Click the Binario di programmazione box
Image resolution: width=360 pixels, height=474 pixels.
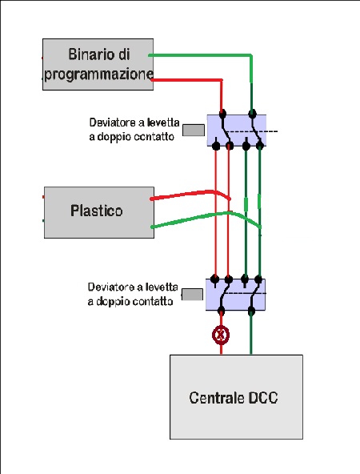click(98, 64)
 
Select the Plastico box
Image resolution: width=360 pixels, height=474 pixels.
click(99, 212)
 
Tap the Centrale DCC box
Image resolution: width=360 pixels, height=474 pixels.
click(236, 397)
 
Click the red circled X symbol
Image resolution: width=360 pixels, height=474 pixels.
click(221, 335)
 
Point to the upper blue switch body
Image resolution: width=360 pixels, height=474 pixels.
click(237, 131)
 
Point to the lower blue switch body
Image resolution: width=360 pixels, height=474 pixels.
click(235, 295)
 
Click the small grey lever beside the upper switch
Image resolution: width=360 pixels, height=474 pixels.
click(194, 130)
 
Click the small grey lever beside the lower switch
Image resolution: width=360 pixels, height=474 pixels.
click(192, 295)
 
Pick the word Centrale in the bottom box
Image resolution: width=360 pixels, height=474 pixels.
click(216, 397)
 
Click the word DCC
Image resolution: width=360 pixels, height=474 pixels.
click(262, 397)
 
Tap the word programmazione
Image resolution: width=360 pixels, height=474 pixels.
click(99, 74)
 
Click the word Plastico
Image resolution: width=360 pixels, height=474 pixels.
click(97, 211)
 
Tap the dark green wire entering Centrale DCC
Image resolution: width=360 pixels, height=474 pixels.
click(250, 332)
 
